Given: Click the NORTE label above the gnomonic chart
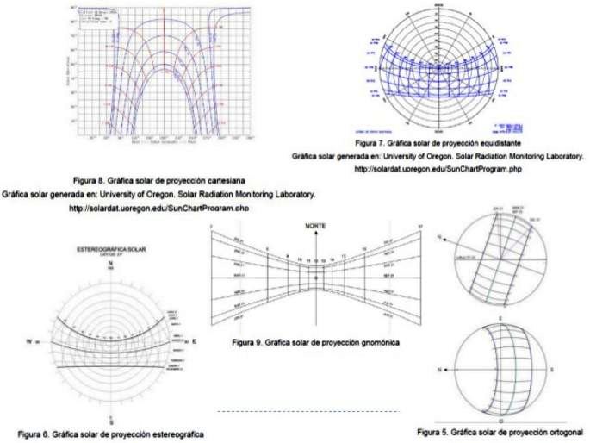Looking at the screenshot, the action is coord(314,225).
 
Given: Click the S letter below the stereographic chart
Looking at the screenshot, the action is coord(111,422).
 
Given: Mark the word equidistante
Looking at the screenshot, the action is coord(497,141).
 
